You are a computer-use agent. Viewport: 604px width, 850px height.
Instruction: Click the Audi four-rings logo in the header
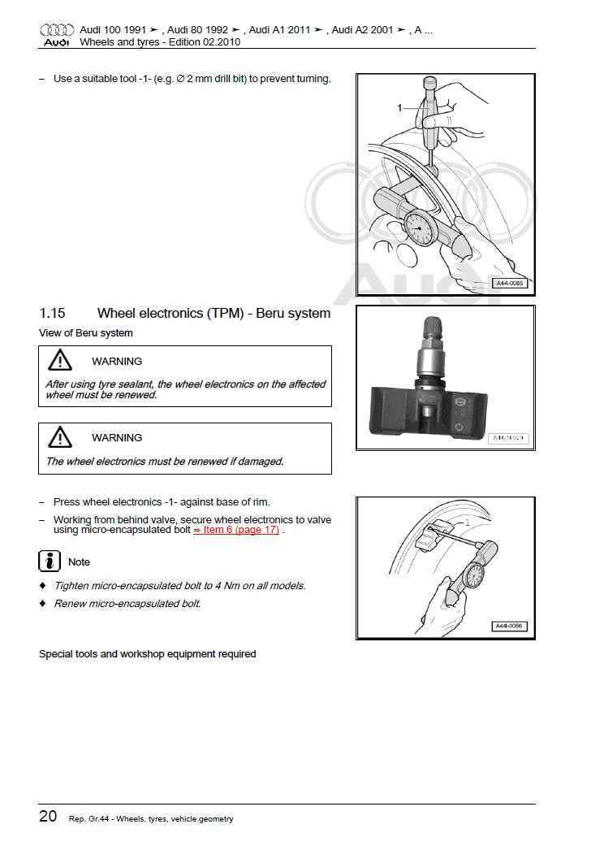coord(56,30)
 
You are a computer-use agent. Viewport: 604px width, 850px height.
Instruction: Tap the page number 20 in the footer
coord(48,816)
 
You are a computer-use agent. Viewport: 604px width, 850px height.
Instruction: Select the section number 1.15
coord(52,313)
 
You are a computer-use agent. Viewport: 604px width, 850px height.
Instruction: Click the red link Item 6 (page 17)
coord(236,530)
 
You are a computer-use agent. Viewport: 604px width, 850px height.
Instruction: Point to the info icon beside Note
coord(50,562)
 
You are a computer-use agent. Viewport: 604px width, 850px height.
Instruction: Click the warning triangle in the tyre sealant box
coord(60,361)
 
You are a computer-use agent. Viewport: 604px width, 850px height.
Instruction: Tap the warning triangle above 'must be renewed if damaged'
coord(60,437)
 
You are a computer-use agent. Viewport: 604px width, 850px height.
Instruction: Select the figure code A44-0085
coord(510,284)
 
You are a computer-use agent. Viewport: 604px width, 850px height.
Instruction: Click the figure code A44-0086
coord(510,626)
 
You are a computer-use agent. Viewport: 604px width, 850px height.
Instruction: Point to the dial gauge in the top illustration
coord(420,228)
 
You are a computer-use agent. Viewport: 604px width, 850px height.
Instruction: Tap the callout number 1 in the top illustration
coord(399,108)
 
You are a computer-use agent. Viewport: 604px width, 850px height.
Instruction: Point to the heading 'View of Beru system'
coord(85,333)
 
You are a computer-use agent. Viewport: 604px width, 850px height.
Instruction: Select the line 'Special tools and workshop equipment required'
coord(147,654)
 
